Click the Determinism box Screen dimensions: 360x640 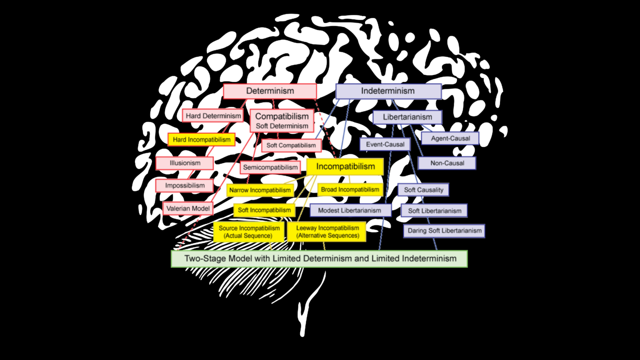click(x=270, y=91)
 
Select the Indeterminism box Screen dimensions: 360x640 click(x=388, y=91)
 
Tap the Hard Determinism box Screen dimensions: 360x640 click(x=213, y=116)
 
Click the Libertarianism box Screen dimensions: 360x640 click(x=407, y=117)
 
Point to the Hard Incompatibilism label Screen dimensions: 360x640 click(x=202, y=140)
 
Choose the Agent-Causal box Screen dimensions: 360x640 click(x=450, y=138)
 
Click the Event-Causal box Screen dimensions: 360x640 click(x=385, y=145)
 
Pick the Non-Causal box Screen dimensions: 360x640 click(x=447, y=163)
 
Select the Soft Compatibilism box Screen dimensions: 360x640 click(x=291, y=145)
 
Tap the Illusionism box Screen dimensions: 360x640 click(x=185, y=163)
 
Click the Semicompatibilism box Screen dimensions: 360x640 click(x=270, y=167)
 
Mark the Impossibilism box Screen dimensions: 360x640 click(x=185, y=185)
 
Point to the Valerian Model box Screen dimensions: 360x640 click(x=188, y=208)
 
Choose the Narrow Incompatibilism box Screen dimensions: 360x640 click(x=260, y=190)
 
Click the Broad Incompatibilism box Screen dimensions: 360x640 click(x=350, y=190)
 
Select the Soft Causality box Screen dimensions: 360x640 click(x=423, y=190)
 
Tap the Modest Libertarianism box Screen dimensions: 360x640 click(x=350, y=210)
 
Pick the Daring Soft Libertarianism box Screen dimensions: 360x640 click(x=444, y=230)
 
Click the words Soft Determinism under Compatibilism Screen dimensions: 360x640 click(x=282, y=126)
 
